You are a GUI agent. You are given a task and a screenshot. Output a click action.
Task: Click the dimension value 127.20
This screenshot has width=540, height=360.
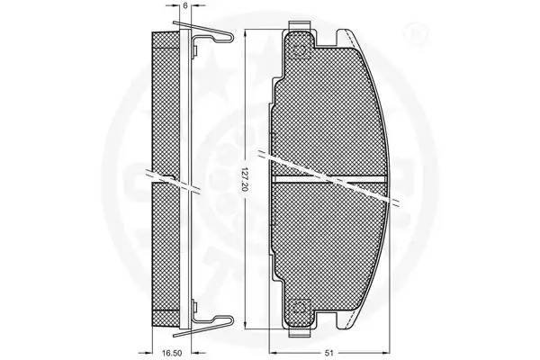pyautogui.click(x=245, y=184)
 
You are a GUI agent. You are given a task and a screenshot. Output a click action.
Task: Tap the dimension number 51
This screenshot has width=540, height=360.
pyautogui.click(x=329, y=353)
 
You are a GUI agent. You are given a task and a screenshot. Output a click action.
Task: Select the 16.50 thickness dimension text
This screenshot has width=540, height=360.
pyautogui.click(x=172, y=353)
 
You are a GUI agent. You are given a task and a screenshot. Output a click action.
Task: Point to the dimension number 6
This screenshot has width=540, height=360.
pyautogui.click(x=185, y=6)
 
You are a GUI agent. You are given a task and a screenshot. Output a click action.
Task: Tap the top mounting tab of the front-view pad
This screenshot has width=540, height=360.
pyautogui.click(x=300, y=26)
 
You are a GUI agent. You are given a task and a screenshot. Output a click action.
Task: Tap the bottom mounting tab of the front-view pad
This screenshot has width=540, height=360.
pyautogui.click(x=300, y=332)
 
